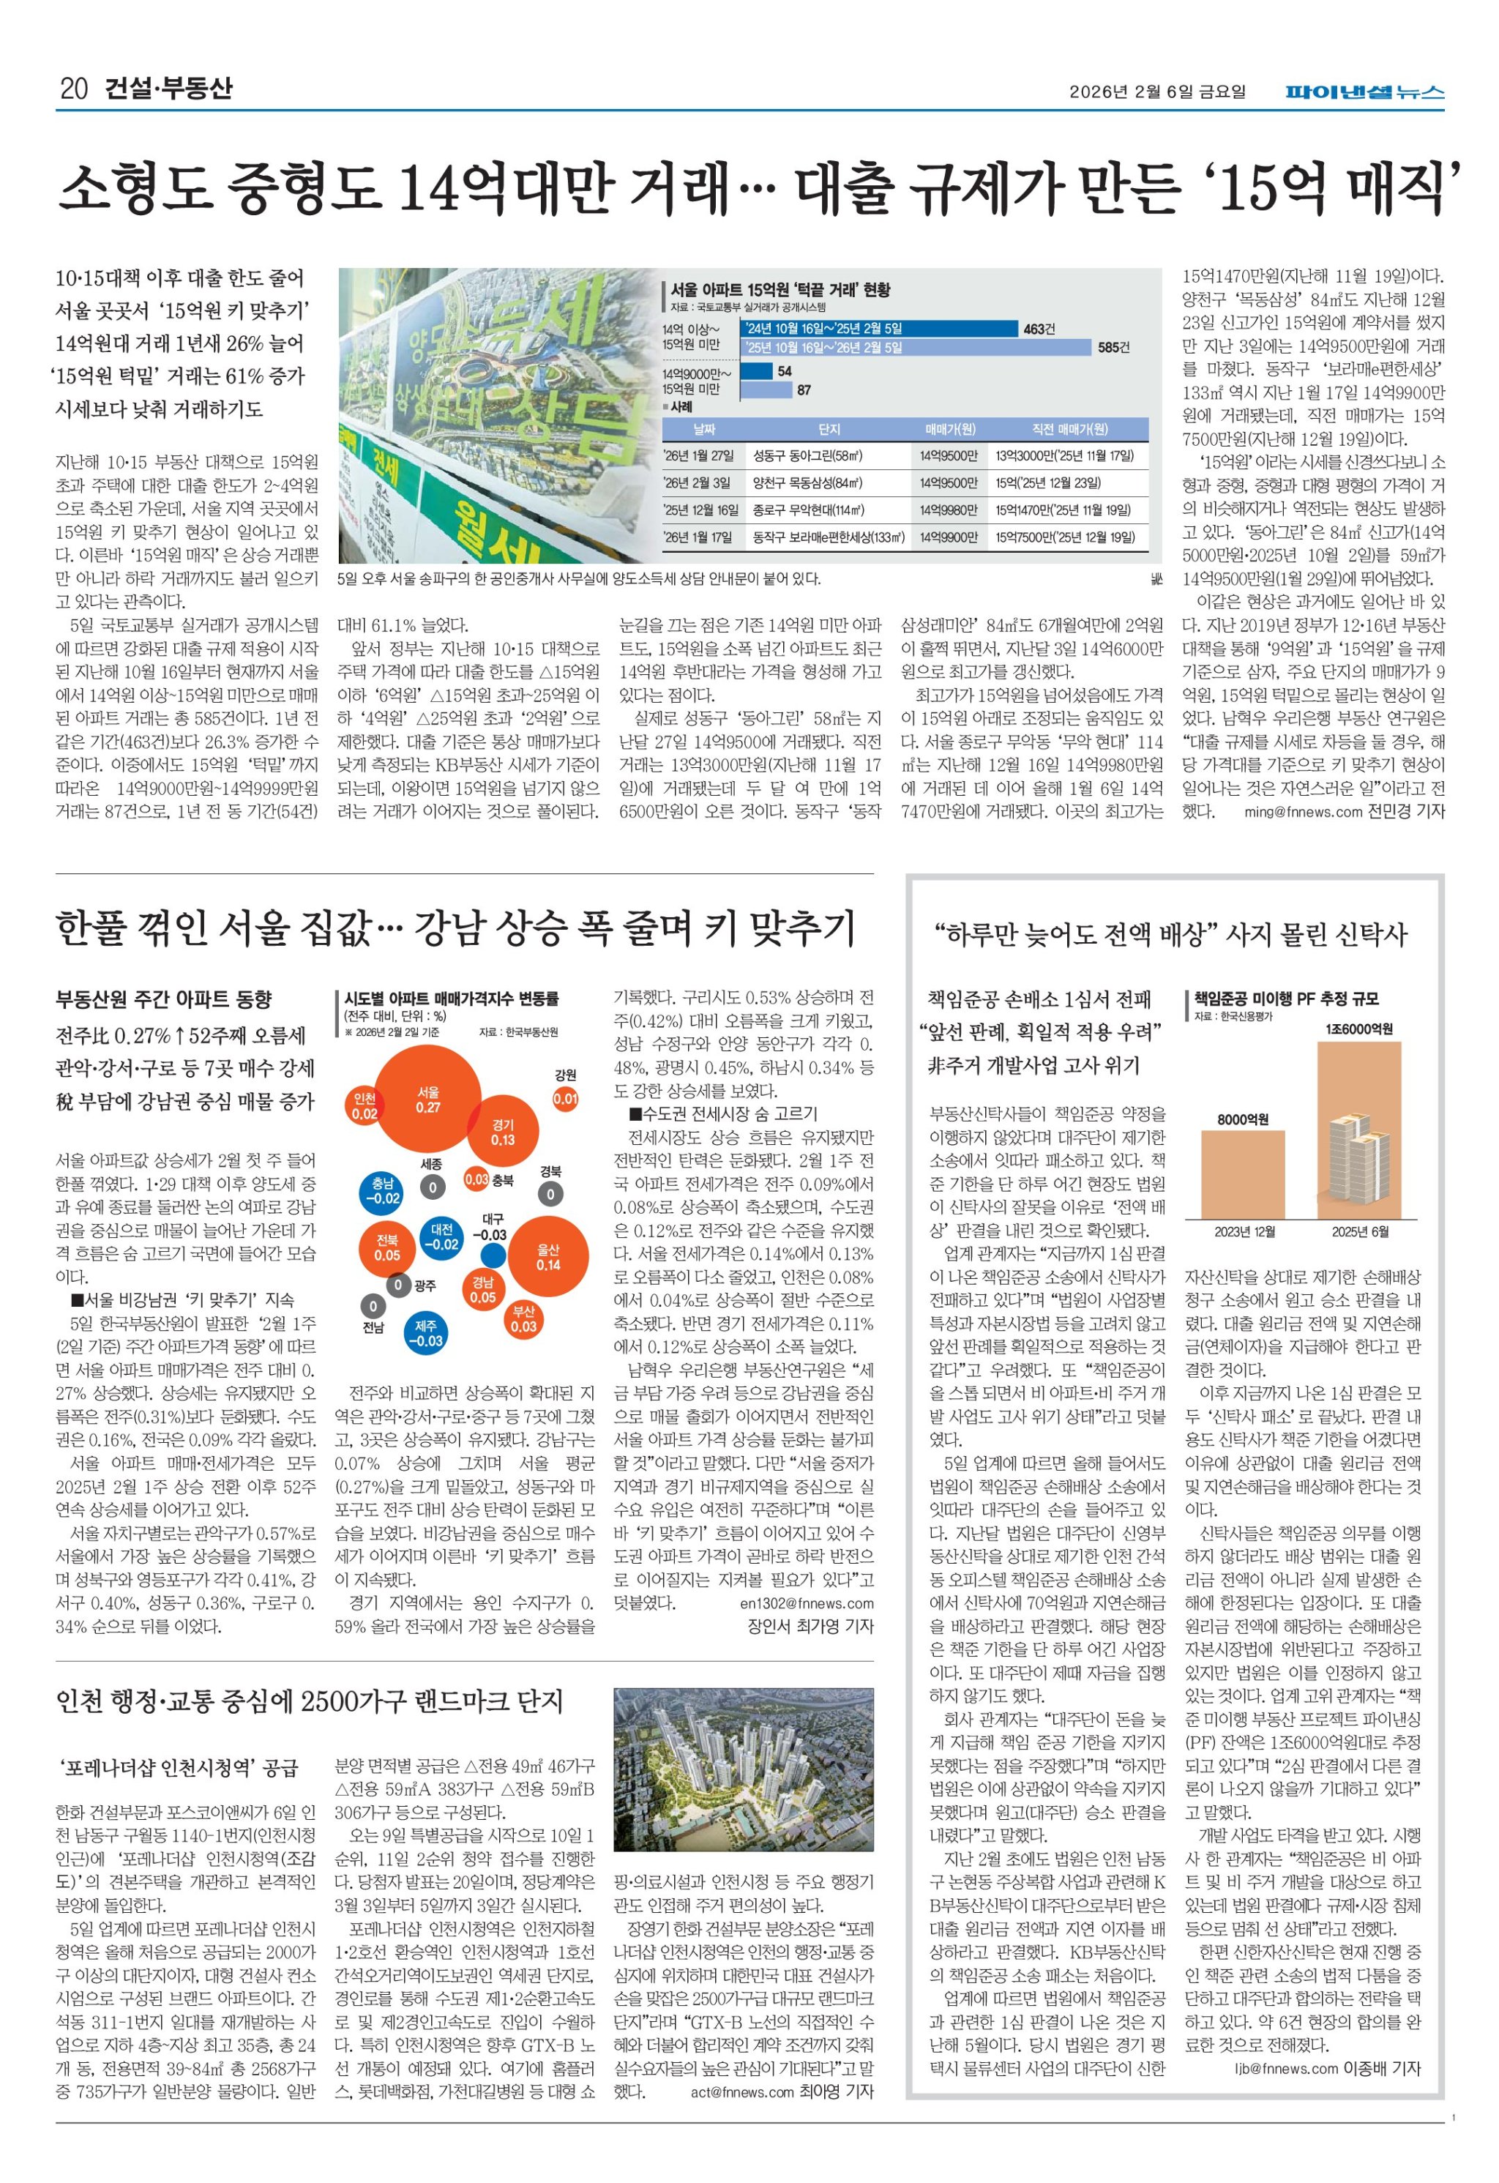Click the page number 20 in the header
click(x=73, y=89)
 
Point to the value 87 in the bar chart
click(x=804, y=389)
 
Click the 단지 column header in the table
click(x=829, y=429)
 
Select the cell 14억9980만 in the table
click(x=948, y=510)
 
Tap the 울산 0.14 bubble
click(x=548, y=1257)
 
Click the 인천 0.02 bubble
click(x=365, y=1107)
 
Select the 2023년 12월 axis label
click(x=1244, y=1231)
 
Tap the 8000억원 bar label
click(x=1243, y=1119)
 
